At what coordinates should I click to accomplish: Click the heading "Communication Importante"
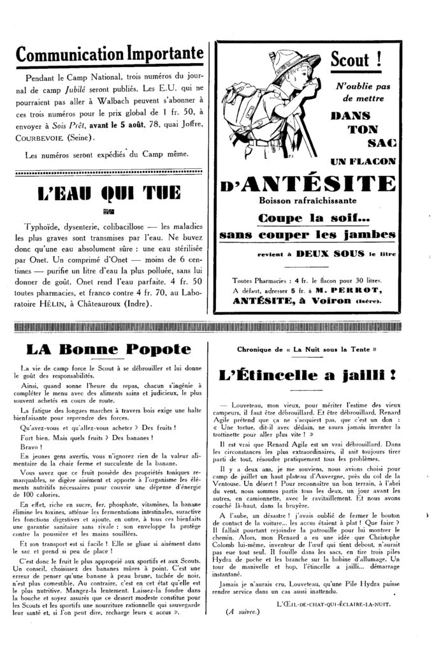point(110,54)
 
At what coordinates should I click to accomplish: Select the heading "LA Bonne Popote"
point(108,349)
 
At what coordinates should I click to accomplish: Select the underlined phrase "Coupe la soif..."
point(307,218)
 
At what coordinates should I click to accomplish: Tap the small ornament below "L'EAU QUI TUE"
point(109,211)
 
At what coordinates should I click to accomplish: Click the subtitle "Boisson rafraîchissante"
point(307,202)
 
